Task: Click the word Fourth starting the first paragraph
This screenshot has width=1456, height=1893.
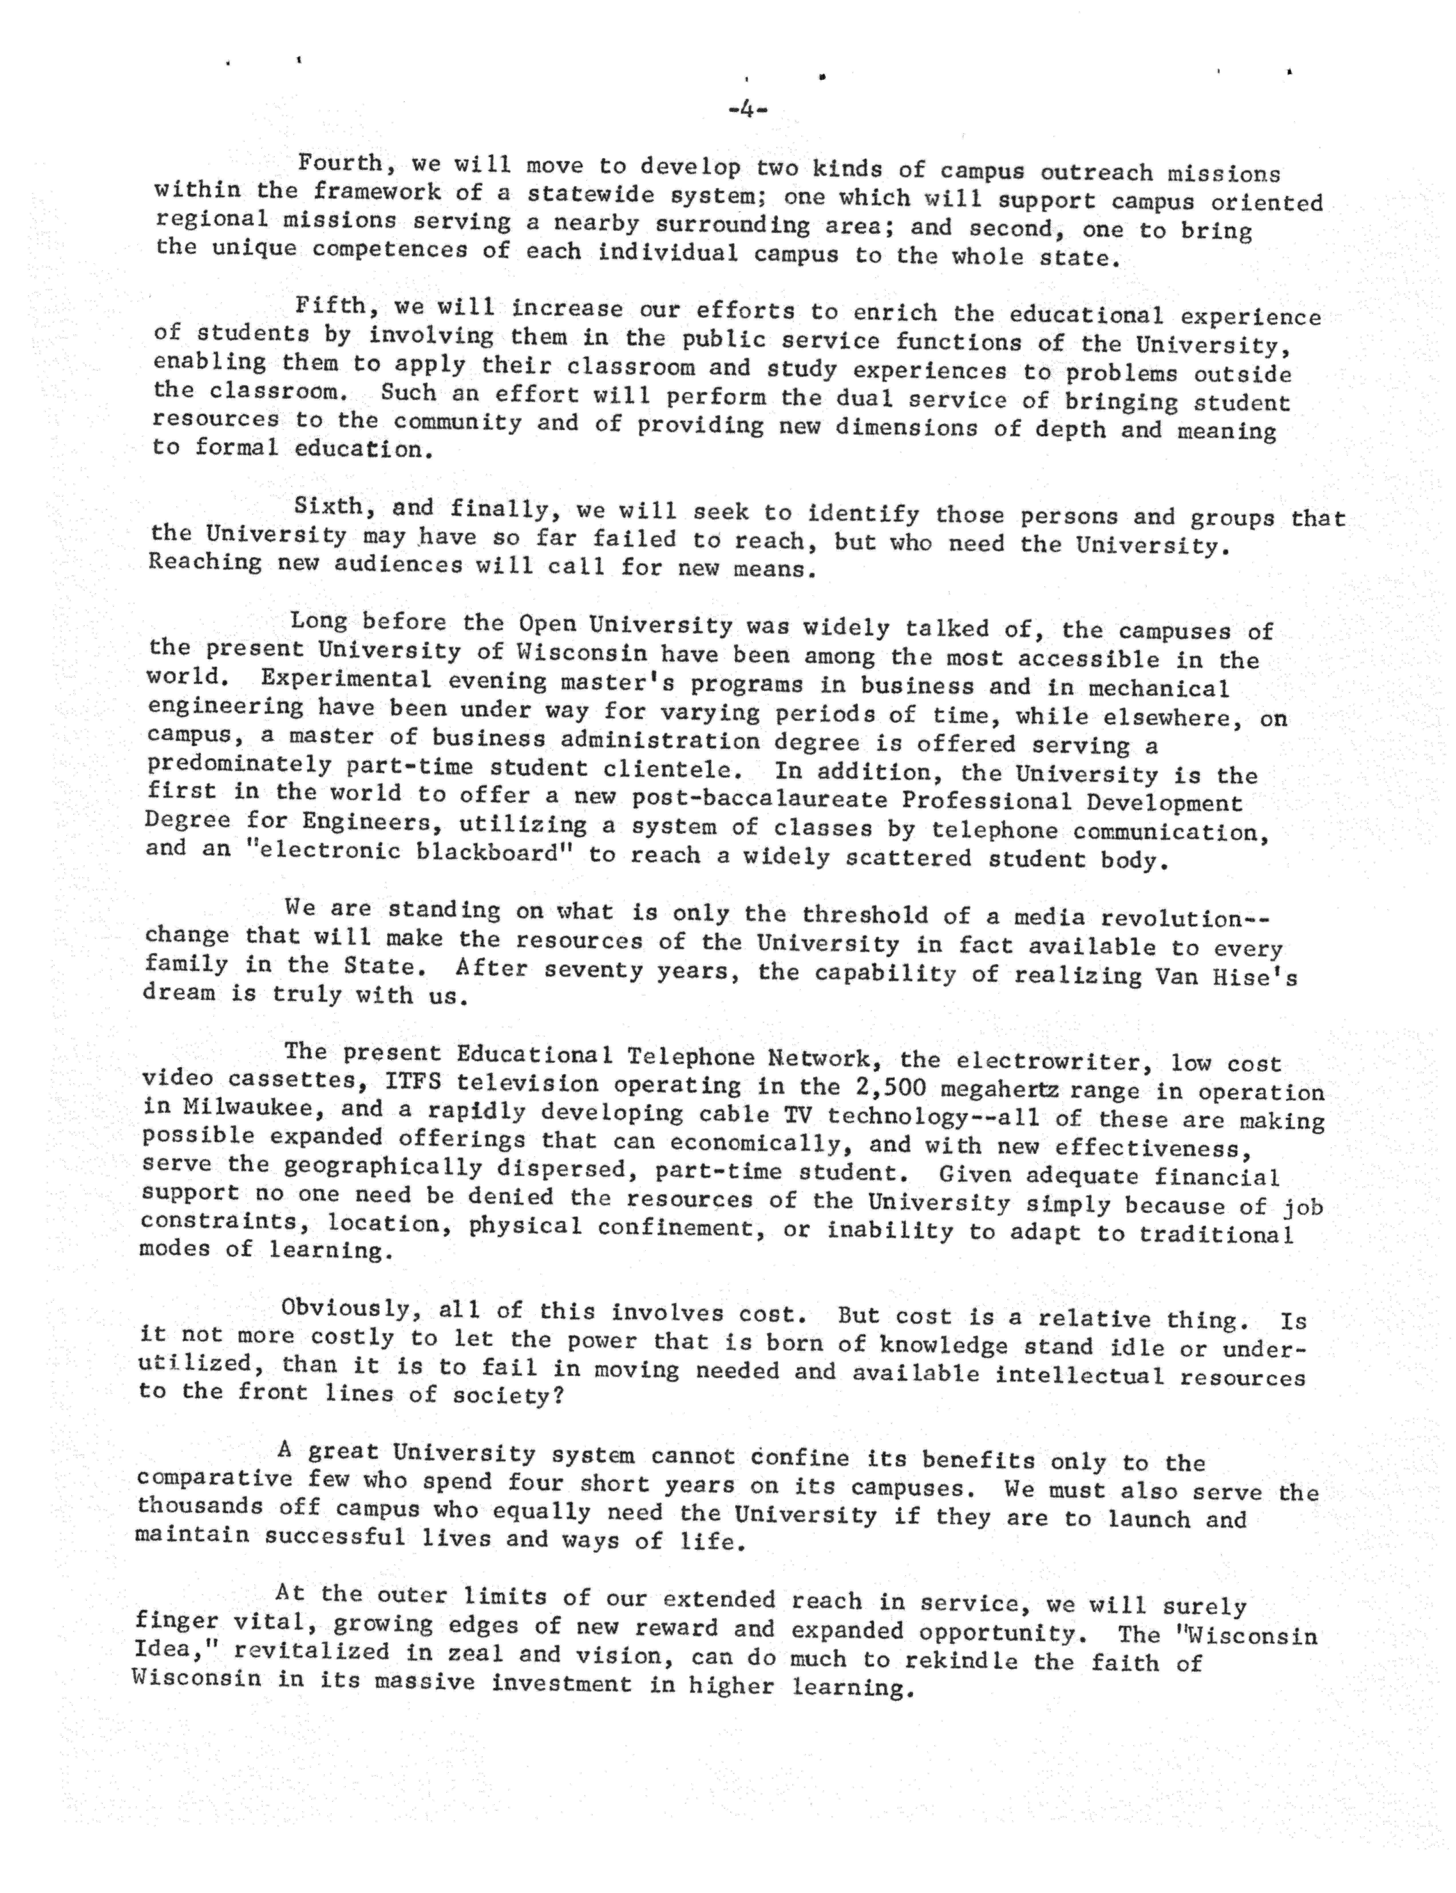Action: (340, 163)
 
